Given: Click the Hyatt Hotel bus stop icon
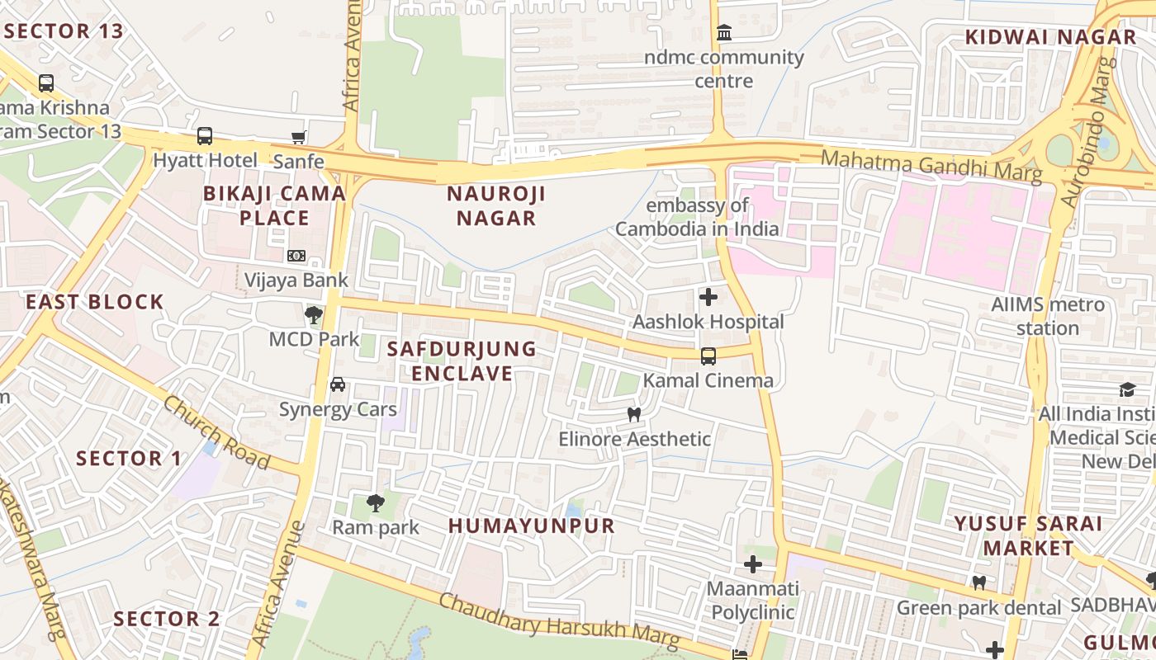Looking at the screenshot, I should [x=204, y=136].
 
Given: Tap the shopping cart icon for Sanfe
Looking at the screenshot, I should [x=298, y=137].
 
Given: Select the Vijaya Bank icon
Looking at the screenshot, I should [x=296, y=256].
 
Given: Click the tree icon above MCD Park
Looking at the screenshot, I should [x=314, y=314].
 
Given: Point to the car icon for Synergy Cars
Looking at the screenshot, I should [x=338, y=384].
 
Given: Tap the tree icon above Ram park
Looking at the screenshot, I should [x=376, y=502].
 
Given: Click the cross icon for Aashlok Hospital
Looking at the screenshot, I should [x=708, y=297].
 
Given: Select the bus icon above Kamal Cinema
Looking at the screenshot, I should [x=708, y=356].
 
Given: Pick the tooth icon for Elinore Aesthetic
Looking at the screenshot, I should [x=634, y=414].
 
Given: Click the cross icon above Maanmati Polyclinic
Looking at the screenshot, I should [x=752, y=565].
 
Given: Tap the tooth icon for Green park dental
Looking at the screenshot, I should [x=979, y=583].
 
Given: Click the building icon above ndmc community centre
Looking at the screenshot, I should [x=724, y=33].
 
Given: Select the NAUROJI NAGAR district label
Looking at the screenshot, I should [x=490, y=205].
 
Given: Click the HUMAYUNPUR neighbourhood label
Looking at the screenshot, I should [x=532, y=526].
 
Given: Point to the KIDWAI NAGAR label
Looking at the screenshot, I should [x=1050, y=37].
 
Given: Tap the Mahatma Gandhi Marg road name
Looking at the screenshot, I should [x=932, y=164].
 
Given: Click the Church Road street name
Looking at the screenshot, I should [x=216, y=432].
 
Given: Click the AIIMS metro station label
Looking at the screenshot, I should [x=1047, y=316].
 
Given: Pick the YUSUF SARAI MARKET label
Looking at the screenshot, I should [x=1028, y=535].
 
